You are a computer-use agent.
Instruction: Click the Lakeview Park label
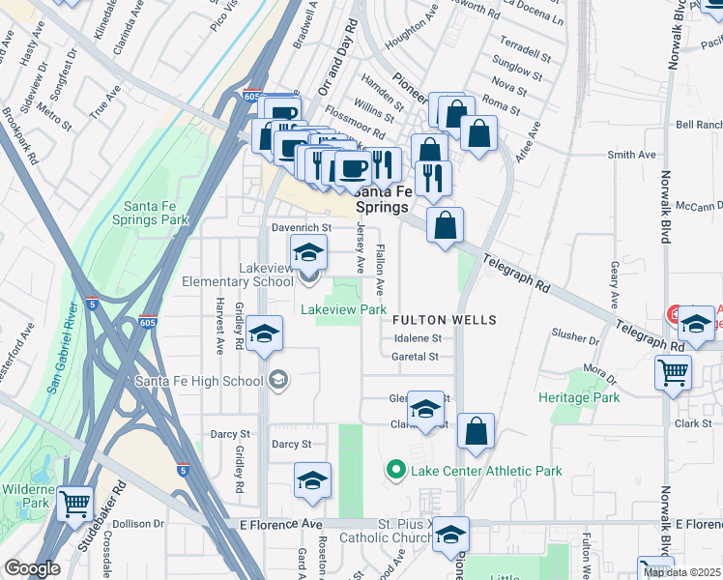pos(343,310)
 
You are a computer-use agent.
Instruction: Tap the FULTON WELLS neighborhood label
pos(445,320)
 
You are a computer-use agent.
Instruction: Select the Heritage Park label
pos(578,397)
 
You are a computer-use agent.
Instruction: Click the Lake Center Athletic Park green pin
pos(395,471)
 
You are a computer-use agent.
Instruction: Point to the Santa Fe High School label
pos(199,381)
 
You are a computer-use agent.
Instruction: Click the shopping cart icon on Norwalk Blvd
pos(674,372)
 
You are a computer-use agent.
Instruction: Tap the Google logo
pos(32,568)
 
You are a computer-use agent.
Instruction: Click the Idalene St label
pos(418,338)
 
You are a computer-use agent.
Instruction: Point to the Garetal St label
pos(416,357)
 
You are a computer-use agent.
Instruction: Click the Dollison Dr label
pos(139,524)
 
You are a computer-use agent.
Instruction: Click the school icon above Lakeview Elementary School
pos(308,254)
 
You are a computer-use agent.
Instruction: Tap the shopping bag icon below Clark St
pos(476,431)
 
